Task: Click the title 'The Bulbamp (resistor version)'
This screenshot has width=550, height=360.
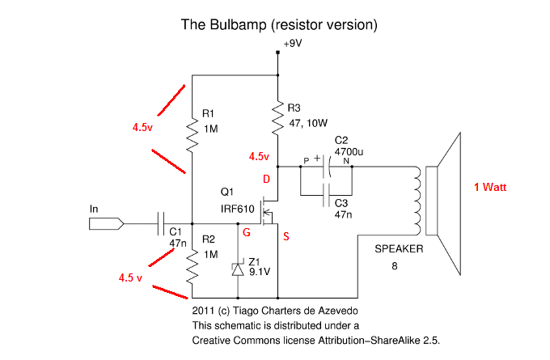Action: click(279, 24)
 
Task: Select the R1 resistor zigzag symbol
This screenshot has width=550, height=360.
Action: click(192, 134)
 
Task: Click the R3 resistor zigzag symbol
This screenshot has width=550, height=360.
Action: click(277, 116)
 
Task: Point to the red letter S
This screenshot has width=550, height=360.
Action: click(286, 238)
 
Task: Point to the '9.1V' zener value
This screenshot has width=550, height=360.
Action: click(260, 272)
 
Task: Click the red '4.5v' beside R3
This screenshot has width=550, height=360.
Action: click(259, 156)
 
